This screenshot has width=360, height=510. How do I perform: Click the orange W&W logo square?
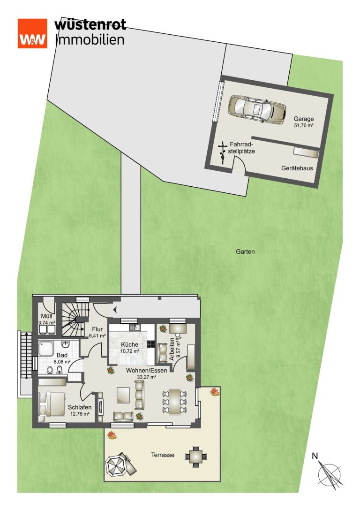click(x=32, y=33)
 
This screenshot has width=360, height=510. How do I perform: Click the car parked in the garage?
click(x=257, y=109)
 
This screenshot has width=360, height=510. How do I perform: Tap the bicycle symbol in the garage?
click(x=223, y=152)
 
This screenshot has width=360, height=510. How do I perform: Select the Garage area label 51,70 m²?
click(x=304, y=125)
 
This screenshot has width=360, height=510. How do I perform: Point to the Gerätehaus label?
click(x=297, y=168)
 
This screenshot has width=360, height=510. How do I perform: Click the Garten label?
click(x=245, y=251)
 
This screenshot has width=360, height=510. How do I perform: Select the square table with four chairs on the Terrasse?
click(x=196, y=457)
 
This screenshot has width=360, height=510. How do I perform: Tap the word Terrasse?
click(x=163, y=455)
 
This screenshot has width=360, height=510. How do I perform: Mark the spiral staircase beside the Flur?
click(x=75, y=319)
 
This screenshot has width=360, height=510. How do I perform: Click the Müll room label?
click(x=46, y=316)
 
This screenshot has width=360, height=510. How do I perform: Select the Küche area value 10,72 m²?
click(x=130, y=351)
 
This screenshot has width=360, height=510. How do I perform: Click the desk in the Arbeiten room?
click(x=177, y=328)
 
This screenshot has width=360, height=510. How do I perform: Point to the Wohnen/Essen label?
click(x=147, y=371)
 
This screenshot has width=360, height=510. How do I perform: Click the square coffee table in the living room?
click(x=124, y=395)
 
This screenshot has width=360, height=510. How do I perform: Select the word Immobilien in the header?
click(x=90, y=40)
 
